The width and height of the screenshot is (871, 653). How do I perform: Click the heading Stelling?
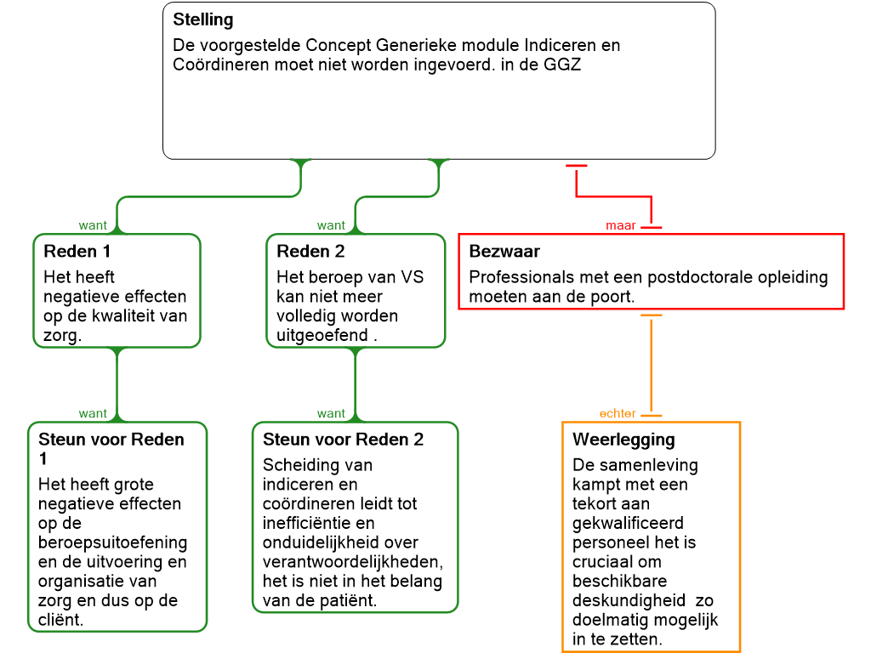coord(203,19)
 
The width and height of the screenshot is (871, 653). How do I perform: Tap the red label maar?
coord(621,225)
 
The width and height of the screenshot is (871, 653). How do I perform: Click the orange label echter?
coord(618,413)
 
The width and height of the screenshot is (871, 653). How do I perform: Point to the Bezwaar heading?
coord(504,252)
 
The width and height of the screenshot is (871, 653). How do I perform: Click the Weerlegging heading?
coord(623,440)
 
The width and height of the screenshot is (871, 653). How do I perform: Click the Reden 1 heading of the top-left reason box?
coord(77,252)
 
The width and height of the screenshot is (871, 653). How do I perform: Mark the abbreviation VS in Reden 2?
coord(412,277)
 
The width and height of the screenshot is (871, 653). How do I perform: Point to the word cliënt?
coord(61,619)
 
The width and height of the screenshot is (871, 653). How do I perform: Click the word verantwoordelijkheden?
coord(353,561)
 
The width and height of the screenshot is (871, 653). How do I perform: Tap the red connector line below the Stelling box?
coord(612,197)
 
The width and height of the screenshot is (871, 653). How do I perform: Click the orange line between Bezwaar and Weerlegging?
coord(652,366)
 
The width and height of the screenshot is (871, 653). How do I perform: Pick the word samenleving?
coord(648,465)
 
